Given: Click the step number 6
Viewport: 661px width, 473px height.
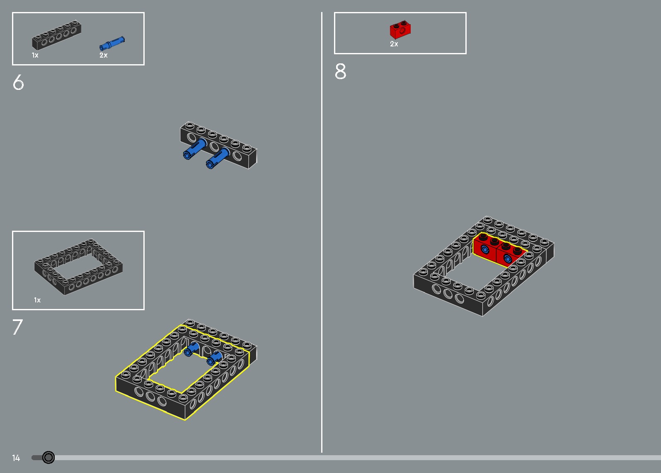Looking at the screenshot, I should (x=18, y=82).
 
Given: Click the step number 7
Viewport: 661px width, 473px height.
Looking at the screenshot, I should (x=17, y=327).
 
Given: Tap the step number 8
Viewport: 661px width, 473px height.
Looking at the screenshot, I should (x=340, y=71).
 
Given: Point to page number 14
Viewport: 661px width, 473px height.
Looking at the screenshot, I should (x=16, y=458).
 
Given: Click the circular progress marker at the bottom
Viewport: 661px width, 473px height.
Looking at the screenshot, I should (x=48, y=457).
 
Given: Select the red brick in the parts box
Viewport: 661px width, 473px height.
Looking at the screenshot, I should (x=400, y=29).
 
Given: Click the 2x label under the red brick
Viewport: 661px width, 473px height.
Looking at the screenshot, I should (x=394, y=44).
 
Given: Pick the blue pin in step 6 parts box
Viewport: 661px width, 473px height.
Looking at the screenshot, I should (x=112, y=43).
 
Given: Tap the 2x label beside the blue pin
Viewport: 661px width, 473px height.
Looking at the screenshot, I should (x=103, y=55).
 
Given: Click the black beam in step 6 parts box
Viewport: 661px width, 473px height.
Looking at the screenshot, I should (x=56, y=35).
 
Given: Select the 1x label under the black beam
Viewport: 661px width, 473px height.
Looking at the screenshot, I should (x=35, y=55).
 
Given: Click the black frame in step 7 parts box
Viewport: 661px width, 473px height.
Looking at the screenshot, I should (x=78, y=266).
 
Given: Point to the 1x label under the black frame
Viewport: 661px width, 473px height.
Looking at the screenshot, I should (x=37, y=300).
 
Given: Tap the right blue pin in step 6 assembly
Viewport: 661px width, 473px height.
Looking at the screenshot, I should (x=217, y=159).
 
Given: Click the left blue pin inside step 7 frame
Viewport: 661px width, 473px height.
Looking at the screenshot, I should (x=191, y=349).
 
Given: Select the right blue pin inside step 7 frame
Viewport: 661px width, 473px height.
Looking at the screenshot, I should (x=214, y=358).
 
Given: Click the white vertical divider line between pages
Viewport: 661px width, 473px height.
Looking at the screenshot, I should (x=322, y=232).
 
